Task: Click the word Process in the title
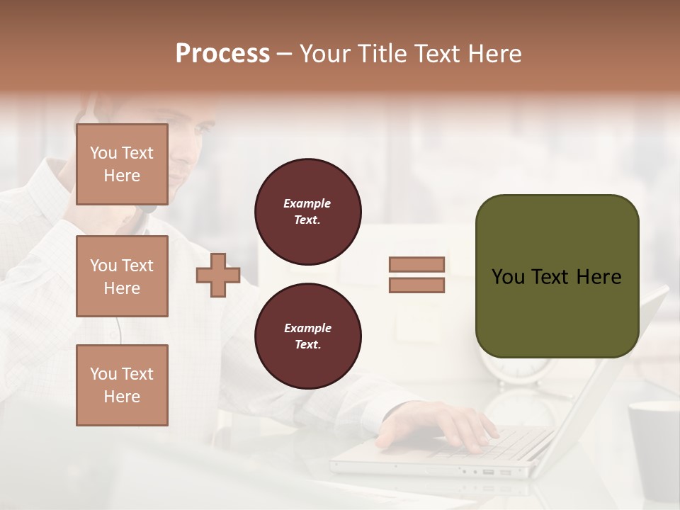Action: pyautogui.click(x=222, y=54)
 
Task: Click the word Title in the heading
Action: pyautogui.click(x=380, y=54)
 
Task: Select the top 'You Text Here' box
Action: pyautogui.click(x=122, y=164)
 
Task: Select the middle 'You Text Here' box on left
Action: pyautogui.click(x=122, y=276)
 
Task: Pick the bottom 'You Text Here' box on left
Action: pyautogui.click(x=122, y=385)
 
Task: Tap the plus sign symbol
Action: pyautogui.click(x=218, y=276)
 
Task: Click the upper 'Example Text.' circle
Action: pyautogui.click(x=308, y=212)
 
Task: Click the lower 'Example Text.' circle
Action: pyautogui.click(x=308, y=336)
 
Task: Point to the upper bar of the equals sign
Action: pyautogui.click(x=416, y=265)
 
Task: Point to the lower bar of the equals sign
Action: pyautogui.click(x=416, y=285)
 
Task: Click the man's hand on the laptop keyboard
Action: pyautogui.click(x=439, y=425)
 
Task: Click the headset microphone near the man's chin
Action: pyautogui.click(x=148, y=209)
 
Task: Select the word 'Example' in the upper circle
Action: pyautogui.click(x=307, y=203)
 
